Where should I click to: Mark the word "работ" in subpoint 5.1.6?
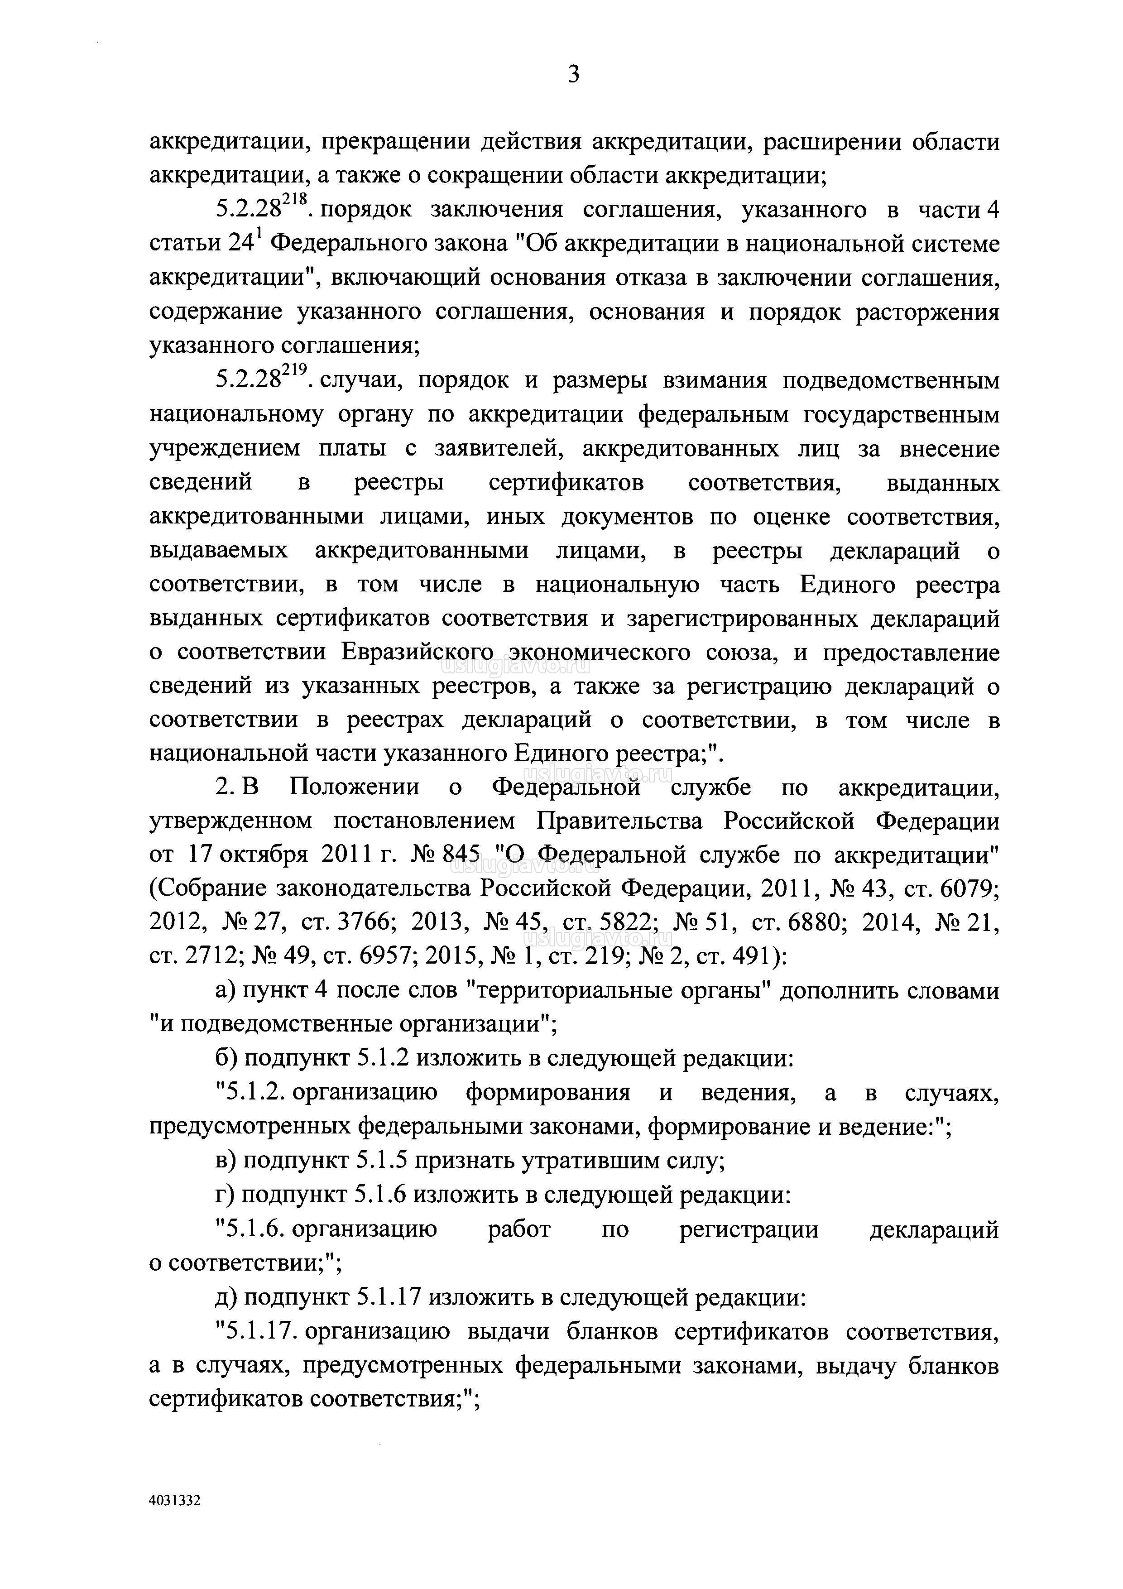(519, 1229)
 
